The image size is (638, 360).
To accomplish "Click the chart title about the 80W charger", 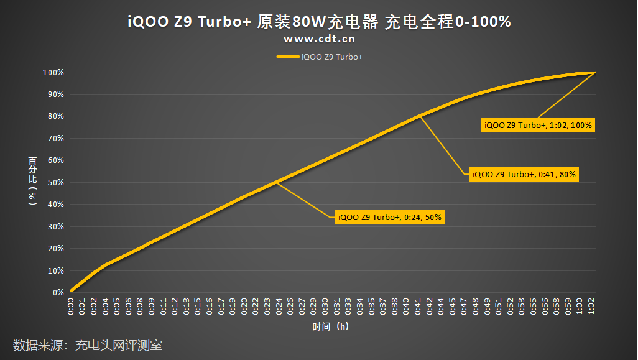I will point(319,22).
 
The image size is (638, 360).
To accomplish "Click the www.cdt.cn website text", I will point(319,39).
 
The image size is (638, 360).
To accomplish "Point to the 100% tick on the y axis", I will point(53,73).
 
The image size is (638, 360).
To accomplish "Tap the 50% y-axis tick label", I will point(55,183).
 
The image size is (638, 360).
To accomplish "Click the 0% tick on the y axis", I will point(58,292).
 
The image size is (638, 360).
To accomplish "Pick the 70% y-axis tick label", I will point(55,139).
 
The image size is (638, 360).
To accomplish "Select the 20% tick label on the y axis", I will point(55,249).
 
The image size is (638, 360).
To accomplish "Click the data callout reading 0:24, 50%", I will point(390,218).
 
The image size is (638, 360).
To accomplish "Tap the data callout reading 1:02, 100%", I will point(538,125).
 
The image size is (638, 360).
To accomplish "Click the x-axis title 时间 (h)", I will point(330,326).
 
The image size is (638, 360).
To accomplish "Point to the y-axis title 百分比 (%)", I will point(32,181).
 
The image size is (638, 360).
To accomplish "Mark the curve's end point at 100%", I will point(596,73).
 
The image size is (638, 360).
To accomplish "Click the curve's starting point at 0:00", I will point(72,290).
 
